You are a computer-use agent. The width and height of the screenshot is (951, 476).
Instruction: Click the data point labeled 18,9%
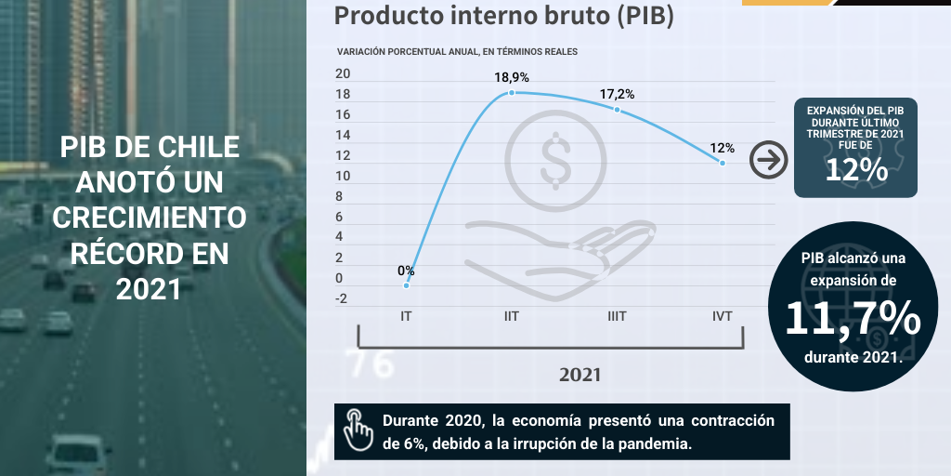pos(512,93)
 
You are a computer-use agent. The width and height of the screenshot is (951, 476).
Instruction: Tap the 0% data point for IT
pos(407,285)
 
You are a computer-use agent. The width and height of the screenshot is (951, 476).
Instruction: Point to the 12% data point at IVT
pos(723,163)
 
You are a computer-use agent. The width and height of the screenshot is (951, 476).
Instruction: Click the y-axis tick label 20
pos(343,74)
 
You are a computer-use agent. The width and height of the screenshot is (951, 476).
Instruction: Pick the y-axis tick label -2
pos(341,298)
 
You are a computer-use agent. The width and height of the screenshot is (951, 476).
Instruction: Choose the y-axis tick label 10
pos(343,176)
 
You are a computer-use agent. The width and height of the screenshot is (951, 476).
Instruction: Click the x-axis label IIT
pos(511,316)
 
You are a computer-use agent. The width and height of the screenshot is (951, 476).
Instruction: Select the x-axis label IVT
pos(722,316)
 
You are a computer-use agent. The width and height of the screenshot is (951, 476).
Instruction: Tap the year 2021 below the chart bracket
pos(580,375)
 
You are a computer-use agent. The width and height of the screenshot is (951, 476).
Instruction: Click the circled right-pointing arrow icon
pos(768,160)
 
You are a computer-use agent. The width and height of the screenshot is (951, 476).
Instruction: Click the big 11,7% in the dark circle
pos(853,319)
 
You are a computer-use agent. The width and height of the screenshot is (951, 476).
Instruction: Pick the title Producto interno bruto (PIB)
pos(503,16)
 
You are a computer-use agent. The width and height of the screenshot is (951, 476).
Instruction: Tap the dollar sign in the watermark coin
pos(555,158)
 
